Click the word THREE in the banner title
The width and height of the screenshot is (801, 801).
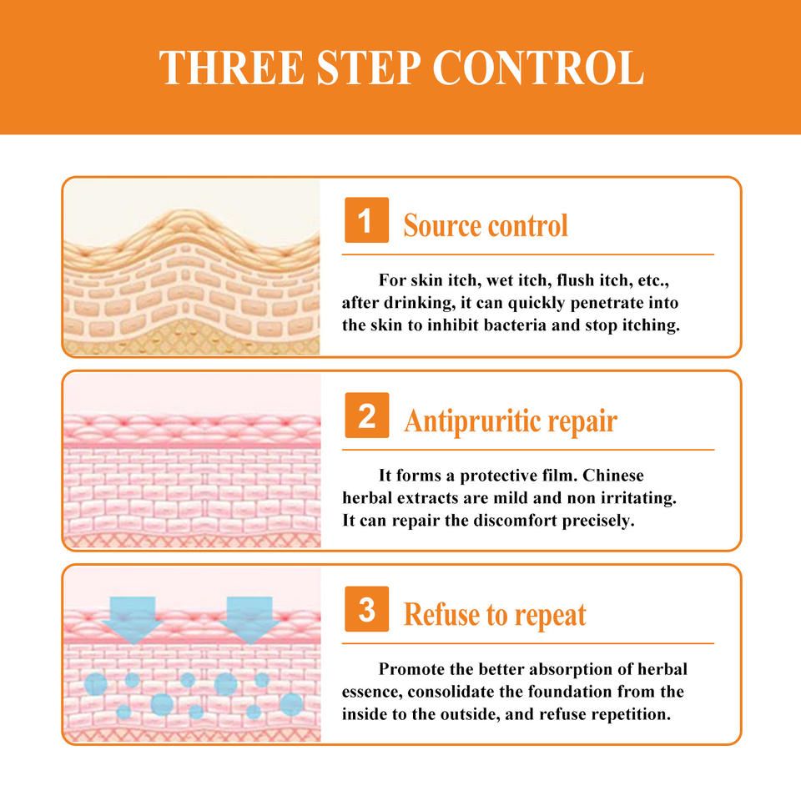(x=232, y=68)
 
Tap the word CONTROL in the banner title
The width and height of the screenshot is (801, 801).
(x=538, y=68)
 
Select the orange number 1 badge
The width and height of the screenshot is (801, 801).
(x=366, y=220)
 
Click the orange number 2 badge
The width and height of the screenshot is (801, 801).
(x=366, y=416)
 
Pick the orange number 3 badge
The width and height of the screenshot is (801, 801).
(x=366, y=609)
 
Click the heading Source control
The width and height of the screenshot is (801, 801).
(x=486, y=225)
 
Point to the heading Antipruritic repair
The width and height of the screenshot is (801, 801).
(x=511, y=421)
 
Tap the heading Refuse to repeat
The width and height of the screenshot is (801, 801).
(x=495, y=615)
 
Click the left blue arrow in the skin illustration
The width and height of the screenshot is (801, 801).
(x=133, y=619)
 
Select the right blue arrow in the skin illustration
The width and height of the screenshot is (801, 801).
(x=249, y=619)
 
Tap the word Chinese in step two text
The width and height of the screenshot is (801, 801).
(x=613, y=475)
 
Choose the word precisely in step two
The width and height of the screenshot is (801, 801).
(x=598, y=521)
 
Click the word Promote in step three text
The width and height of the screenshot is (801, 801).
(x=409, y=668)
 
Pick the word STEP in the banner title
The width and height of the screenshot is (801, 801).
(x=369, y=68)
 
